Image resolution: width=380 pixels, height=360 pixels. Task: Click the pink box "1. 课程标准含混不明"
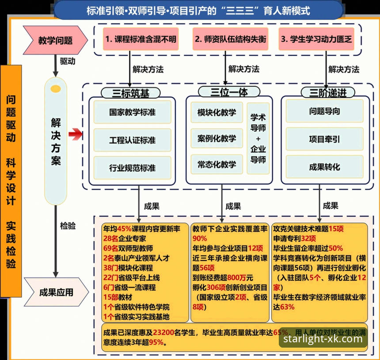141,39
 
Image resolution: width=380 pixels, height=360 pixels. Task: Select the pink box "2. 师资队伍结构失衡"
231,39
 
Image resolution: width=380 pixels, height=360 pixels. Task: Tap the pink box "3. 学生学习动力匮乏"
317,39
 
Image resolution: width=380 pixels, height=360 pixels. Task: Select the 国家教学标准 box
132,112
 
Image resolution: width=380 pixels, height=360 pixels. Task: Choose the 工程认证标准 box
132,140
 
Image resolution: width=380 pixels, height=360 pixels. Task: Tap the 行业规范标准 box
132,168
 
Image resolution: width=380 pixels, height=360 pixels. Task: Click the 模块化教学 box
217,112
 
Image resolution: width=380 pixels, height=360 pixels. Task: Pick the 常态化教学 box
217,164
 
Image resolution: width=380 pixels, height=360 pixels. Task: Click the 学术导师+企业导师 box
258,138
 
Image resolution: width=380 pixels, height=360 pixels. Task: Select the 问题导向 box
324,111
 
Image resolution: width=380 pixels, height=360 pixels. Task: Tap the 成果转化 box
324,167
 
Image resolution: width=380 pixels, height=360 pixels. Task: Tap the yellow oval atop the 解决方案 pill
56,89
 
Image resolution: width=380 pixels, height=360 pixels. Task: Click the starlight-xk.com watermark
323,339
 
